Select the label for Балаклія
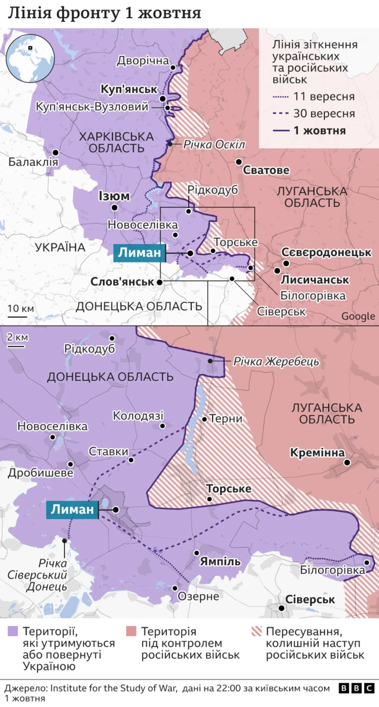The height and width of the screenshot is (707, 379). click(34, 161)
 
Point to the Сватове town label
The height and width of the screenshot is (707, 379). click(266, 170)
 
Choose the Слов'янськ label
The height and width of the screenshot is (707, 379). click(123, 281)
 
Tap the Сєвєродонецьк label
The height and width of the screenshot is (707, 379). click(326, 252)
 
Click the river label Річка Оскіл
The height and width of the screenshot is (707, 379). click(213, 144)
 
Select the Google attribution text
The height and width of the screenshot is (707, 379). click(358, 316)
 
